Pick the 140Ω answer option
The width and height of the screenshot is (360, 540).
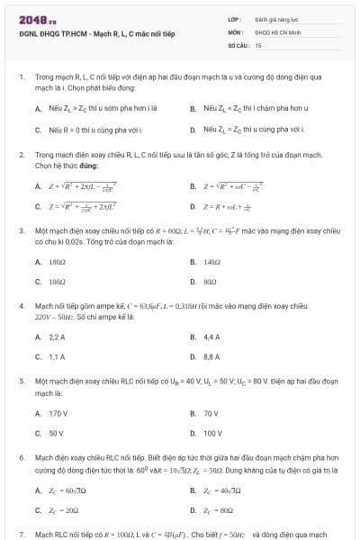(212, 262)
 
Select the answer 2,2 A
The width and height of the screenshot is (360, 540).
(57, 337)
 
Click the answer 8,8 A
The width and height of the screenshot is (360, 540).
(211, 356)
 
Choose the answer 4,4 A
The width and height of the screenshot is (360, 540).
(211, 337)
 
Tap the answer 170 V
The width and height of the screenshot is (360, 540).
(58, 413)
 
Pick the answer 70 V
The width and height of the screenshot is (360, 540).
(211, 413)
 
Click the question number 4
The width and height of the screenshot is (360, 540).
(22, 307)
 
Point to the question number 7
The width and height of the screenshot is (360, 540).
(22, 535)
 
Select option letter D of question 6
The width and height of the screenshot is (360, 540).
(193, 508)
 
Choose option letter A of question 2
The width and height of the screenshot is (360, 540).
(38, 187)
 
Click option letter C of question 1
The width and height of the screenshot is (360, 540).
(38, 130)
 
